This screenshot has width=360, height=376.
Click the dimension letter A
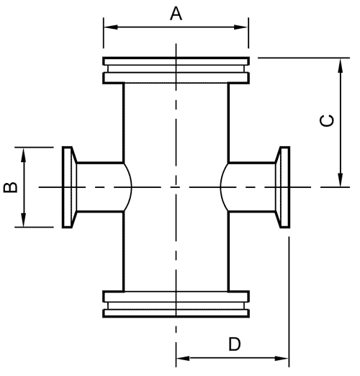176,14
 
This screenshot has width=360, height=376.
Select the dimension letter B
10,187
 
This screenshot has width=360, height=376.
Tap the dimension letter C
327,120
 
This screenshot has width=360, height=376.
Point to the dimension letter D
234,344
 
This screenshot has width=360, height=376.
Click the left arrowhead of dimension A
111,27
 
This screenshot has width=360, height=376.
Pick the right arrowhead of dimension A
240,27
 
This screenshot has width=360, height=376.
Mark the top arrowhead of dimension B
23,155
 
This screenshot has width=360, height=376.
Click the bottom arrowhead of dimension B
23,220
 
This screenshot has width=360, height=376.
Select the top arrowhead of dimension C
340,66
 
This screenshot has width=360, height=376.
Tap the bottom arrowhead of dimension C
340,179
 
